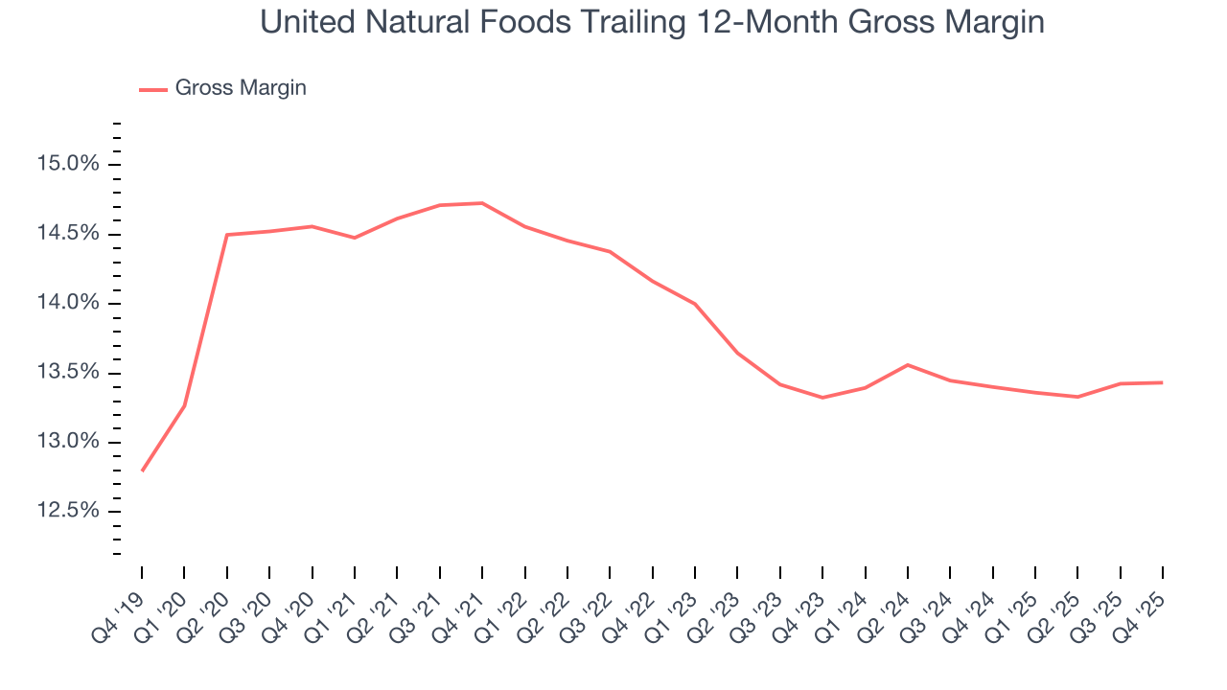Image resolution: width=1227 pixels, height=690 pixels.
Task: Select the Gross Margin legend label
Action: click(241, 88)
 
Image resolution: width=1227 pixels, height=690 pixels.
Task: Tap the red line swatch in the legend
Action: click(153, 89)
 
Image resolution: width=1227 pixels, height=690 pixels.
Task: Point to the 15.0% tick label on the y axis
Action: click(67, 165)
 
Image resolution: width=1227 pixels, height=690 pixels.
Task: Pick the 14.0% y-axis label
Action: click(67, 304)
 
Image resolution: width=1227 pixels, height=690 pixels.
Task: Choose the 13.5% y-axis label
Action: click(67, 374)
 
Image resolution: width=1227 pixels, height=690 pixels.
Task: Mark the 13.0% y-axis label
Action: click(67, 443)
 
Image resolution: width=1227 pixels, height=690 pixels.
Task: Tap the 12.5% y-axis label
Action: click(67, 512)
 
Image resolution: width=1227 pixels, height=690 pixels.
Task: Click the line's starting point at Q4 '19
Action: click(142, 471)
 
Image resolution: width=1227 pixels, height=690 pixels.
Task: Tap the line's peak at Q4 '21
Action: click(482, 203)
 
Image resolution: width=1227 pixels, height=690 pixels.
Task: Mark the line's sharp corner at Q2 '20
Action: click(227, 235)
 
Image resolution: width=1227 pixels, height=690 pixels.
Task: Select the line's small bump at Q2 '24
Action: click(907, 365)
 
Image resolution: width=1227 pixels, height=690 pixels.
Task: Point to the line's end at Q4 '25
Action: click(1162, 382)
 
